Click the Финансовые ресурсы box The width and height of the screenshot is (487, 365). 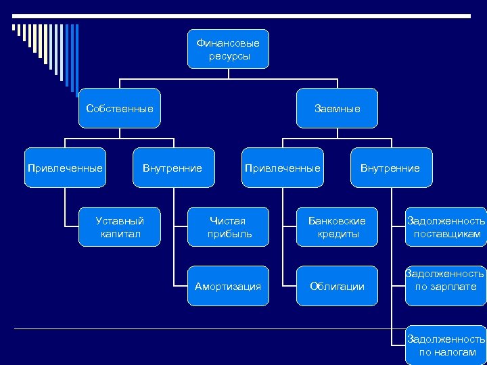click(228, 49)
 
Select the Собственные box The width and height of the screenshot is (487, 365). click(120, 108)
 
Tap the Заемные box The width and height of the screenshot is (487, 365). click(337, 108)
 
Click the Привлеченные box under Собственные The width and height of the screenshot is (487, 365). click(65, 168)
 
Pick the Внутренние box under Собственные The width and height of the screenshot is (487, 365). click(172, 168)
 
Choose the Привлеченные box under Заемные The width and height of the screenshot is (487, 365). click(283, 168)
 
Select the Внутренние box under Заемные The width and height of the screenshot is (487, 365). click(390, 168)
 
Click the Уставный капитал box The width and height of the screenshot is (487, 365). click(120, 227)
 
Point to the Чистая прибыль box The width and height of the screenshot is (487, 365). click(228, 227)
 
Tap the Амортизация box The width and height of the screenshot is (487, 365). click(228, 287)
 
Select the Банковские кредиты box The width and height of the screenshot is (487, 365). click(337, 227)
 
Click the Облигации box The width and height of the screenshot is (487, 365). click(337, 287)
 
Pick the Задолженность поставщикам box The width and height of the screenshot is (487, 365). click(445, 227)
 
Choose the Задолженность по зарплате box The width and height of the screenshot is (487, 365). click(445, 280)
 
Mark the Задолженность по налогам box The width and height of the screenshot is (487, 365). click(445, 345)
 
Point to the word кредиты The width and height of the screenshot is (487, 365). click(338, 234)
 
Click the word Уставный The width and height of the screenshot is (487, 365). click(120, 221)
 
